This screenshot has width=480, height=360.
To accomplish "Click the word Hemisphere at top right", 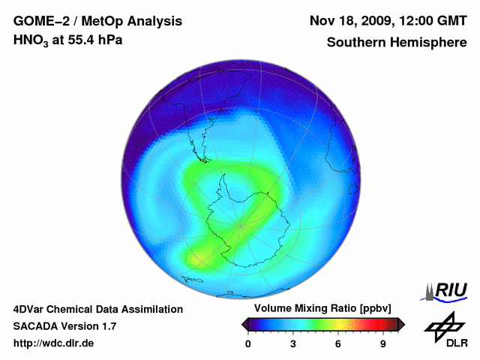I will point(430,42).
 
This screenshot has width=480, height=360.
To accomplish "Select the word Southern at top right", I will point(355,42).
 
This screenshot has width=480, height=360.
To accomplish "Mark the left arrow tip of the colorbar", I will point(243,324).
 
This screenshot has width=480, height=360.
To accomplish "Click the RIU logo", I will point(447,290).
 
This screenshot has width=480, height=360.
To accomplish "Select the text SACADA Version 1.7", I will point(64,326).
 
